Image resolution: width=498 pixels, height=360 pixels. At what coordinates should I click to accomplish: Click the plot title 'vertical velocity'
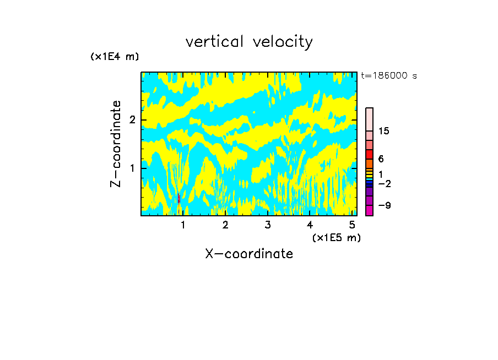coord(249,42)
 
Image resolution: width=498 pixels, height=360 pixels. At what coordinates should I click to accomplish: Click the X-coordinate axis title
coord(249,254)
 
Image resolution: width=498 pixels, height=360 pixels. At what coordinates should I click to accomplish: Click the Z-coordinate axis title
coord(116,144)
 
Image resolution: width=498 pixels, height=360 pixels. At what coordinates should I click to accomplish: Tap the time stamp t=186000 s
coord(388,76)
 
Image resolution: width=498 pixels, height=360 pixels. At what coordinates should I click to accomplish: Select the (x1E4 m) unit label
coord(115,57)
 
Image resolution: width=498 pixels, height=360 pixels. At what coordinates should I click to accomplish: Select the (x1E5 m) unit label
coord(336,238)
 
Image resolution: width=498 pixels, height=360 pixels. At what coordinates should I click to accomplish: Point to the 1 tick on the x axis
coord(183,225)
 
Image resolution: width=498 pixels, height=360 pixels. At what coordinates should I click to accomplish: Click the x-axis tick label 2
coord(225,225)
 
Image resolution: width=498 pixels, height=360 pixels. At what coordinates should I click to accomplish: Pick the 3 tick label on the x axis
coord(268,225)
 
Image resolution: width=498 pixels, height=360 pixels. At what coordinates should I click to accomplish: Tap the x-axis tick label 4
coord(310,225)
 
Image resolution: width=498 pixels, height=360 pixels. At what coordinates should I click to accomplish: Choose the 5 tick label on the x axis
coord(352,225)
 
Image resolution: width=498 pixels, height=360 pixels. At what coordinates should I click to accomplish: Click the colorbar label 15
coord(384,131)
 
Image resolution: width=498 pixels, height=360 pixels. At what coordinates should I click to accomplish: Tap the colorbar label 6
coord(381,159)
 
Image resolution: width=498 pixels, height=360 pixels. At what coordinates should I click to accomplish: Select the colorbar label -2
coord(384,184)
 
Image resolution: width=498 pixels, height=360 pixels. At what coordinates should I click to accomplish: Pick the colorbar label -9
coord(384,205)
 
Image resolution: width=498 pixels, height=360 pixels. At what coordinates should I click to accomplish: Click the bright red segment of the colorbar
coord(369,154)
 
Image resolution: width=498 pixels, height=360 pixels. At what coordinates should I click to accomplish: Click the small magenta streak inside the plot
coord(179,199)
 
